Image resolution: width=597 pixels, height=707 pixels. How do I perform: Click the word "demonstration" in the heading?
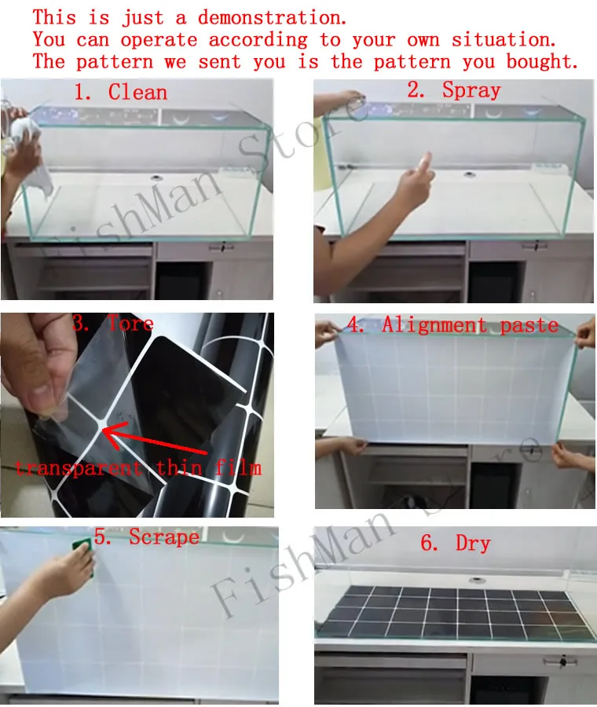(x=272, y=17)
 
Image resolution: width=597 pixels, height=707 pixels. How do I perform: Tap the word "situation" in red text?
(x=504, y=40)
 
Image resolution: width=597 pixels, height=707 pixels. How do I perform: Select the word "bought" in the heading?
(x=542, y=61)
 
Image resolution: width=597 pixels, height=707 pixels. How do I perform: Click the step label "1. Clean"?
(x=121, y=93)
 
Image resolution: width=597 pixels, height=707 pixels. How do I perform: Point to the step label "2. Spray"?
(x=453, y=90)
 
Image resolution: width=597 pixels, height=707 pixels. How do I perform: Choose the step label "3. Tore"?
(x=113, y=324)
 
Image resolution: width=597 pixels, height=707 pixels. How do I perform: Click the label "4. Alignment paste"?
(x=452, y=325)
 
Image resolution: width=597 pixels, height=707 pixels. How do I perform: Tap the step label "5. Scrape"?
(x=147, y=537)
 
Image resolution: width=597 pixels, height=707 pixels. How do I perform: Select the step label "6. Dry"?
(x=455, y=543)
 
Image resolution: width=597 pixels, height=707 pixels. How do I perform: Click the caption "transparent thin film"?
(x=138, y=467)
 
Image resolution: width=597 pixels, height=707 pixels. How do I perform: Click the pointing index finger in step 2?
(x=425, y=163)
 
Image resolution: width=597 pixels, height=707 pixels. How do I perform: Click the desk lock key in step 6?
(x=562, y=662)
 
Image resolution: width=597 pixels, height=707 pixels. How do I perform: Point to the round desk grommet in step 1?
(x=156, y=177)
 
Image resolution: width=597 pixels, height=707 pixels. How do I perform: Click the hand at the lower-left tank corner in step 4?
(x=339, y=445)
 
